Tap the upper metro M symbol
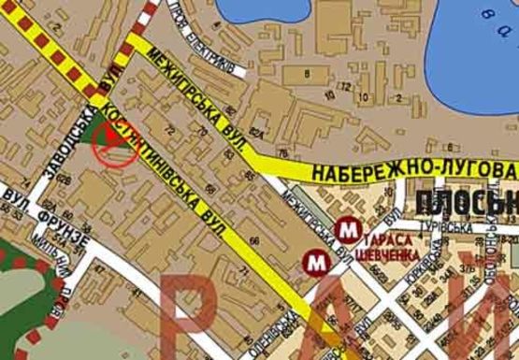point(349,227)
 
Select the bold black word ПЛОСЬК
point(463,202)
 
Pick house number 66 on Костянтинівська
point(254,242)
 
